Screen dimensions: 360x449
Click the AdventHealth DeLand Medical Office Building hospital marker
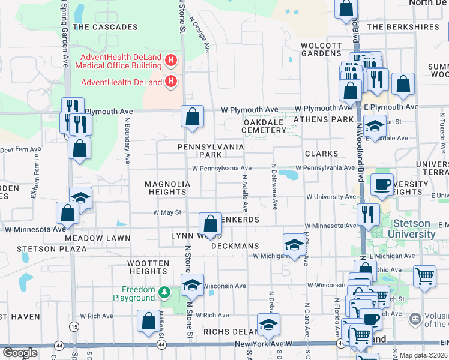point(171,60)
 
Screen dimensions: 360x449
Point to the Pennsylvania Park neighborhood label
point(211,151)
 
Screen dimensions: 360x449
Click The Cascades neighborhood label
point(105,27)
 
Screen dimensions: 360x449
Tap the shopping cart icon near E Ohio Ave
point(424,276)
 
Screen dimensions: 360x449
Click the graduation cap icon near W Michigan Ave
point(294,244)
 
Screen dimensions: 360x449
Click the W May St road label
point(167,212)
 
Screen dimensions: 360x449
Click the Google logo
point(19,353)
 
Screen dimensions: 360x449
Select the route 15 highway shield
point(74,326)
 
